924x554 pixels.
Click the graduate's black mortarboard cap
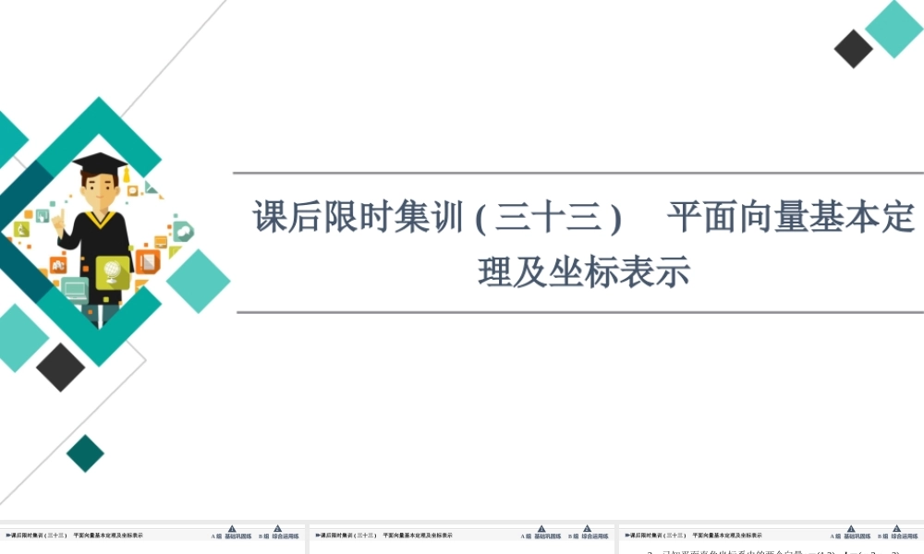[x=99, y=163]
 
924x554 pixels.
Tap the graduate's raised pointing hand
[x=57, y=222]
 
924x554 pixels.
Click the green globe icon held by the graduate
[x=113, y=271]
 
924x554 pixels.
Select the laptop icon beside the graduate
[x=75, y=291]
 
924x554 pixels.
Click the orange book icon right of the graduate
[x=148, y=261]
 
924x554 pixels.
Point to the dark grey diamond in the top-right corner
[x=853, y=49]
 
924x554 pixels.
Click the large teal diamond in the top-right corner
[x=894, y=29]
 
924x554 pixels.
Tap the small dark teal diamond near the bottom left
[x=86, y=452]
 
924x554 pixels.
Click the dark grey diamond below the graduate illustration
[x=61, y=367]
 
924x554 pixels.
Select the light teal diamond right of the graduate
[x=198, y=281]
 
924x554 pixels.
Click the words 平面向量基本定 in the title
[x=791, y=219]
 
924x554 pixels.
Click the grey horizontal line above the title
[x=579, y=173]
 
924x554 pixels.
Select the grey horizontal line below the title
[x=579, y=312]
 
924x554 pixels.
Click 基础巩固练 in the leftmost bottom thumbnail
[x=238, y=536]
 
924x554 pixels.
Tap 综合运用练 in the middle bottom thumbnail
[x=594, y=536]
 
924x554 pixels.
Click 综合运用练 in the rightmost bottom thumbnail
[x=904, y=536]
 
